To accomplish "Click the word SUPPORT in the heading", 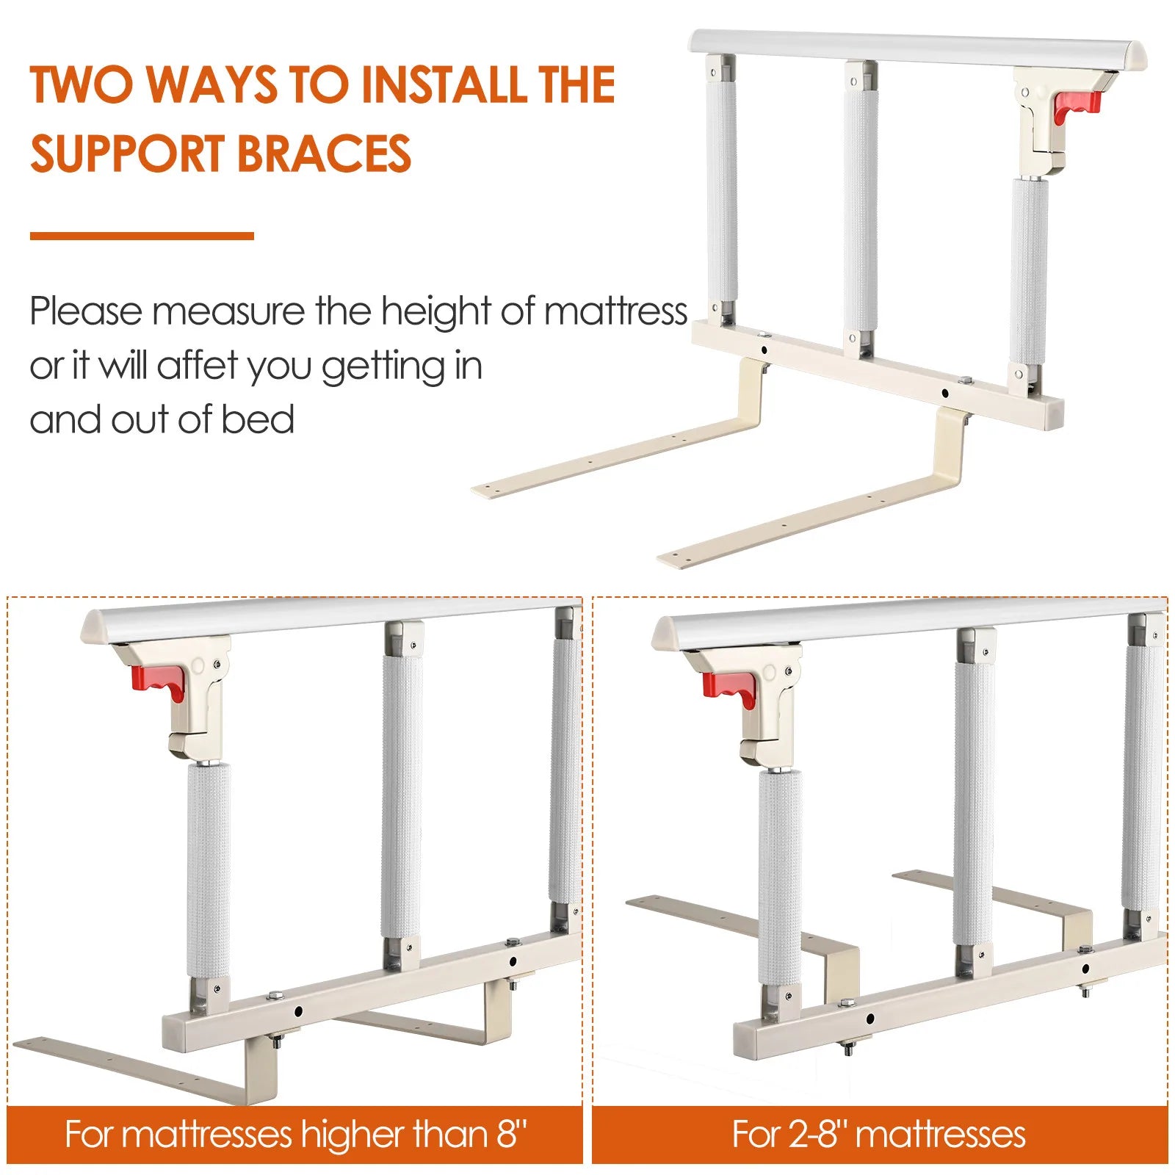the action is (x=128, y=153).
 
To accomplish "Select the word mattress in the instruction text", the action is (x=615, y=311).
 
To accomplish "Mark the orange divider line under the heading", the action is (x=142, y=236).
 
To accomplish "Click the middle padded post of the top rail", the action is (x=860, y=209).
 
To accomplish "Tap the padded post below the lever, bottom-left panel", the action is (x=209, y=871).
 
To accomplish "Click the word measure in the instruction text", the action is (x=228, y=311).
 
